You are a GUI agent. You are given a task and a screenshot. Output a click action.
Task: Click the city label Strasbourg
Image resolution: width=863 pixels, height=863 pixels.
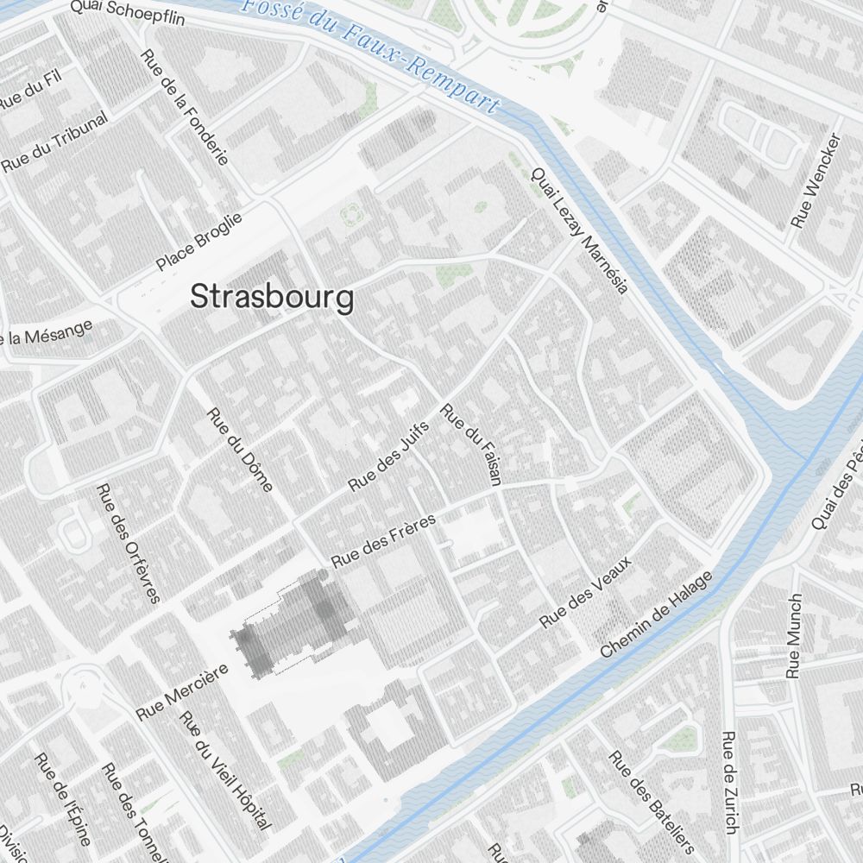[x=272, y=297]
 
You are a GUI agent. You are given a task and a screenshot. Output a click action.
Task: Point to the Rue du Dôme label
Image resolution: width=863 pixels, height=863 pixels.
[x=240, y=449]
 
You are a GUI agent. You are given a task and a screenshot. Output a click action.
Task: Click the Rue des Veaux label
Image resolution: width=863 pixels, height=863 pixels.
[x=586, y=592]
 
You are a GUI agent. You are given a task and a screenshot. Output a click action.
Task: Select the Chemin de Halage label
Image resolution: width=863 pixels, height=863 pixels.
[x=658, y=614]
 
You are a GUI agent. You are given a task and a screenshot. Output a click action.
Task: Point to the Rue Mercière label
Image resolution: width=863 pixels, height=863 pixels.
[x=182, y=692]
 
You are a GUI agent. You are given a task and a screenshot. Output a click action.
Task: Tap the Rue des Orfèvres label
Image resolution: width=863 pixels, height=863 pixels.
[x=129, y=544]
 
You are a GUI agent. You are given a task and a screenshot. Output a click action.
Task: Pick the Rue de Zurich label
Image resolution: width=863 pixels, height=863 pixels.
[x=730, y=783]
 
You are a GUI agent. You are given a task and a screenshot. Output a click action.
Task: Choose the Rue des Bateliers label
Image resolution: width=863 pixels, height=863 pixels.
[x=652, y=802]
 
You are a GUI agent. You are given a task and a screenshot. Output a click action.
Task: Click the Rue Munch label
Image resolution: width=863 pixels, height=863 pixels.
[x=794, y=635]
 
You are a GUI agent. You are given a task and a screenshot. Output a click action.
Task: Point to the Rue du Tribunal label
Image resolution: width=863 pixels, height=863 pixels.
[x=55, y=142]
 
